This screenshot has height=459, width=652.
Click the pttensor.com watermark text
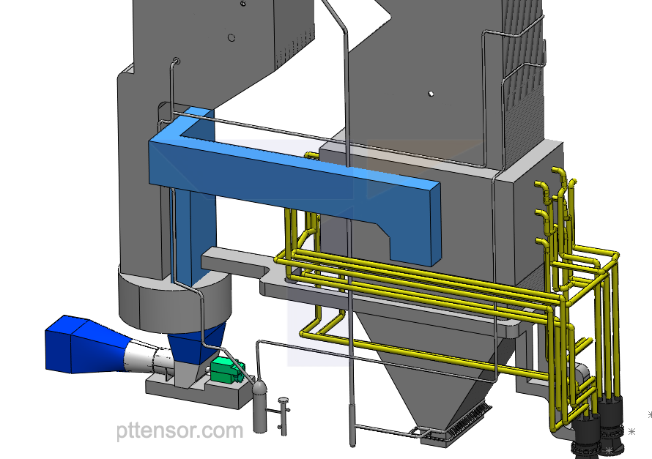pos(179,431)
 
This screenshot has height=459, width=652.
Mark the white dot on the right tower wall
pos(431,94)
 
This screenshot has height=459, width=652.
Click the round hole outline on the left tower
pos(231,37)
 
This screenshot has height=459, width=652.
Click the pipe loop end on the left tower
pos(176,60)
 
